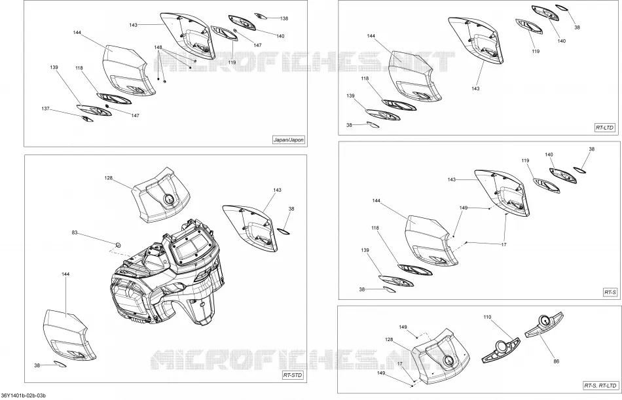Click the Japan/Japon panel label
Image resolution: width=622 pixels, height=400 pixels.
289,139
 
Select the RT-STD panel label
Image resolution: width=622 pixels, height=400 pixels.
293,375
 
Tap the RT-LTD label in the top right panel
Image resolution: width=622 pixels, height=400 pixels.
604,128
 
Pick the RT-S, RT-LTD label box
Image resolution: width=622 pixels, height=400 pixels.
600,386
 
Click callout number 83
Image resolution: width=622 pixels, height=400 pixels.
75,232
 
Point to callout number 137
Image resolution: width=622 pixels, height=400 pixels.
46,108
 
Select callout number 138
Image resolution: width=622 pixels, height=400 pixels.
284,18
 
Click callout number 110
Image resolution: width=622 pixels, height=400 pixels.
488,317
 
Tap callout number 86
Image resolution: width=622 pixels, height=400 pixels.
556,361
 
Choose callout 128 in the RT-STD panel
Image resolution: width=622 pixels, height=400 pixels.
109,178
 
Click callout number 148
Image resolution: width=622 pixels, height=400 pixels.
158,47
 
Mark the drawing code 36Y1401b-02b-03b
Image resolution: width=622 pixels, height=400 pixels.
24,395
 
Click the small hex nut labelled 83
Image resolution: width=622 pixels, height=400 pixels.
118,244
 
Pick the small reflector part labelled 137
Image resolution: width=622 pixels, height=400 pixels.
87,119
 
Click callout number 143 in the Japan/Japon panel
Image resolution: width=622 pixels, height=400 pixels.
134,25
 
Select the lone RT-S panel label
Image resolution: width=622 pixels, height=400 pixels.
610,292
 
